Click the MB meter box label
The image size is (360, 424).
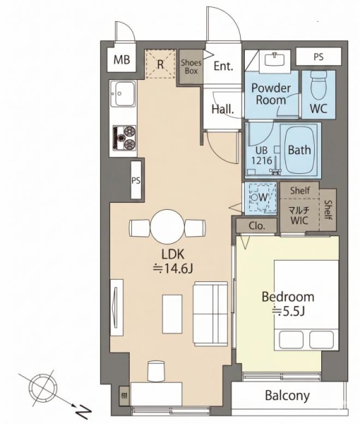(122, 59)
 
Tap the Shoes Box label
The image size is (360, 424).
(191, 67)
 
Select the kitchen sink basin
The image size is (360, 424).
(125, 94)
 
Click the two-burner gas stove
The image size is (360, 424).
(124, 138)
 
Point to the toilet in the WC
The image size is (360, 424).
(318, 86)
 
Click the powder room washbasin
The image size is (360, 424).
(275, 59)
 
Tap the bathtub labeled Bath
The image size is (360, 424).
(299, 150)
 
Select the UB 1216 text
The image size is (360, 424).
(262, 155)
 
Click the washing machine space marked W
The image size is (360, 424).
(260, 198)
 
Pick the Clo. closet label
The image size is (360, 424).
(257, 226)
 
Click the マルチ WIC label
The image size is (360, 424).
(299, 216)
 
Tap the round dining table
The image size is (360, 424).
(167, 227)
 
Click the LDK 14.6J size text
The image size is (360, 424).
(173, 261)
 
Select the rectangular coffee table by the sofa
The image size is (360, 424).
(172, 314)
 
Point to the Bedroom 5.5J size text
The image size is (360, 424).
(288, 304)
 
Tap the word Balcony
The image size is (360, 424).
(287, 396)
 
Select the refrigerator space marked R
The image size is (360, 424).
(160, 64)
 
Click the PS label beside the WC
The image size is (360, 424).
(318, 57)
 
